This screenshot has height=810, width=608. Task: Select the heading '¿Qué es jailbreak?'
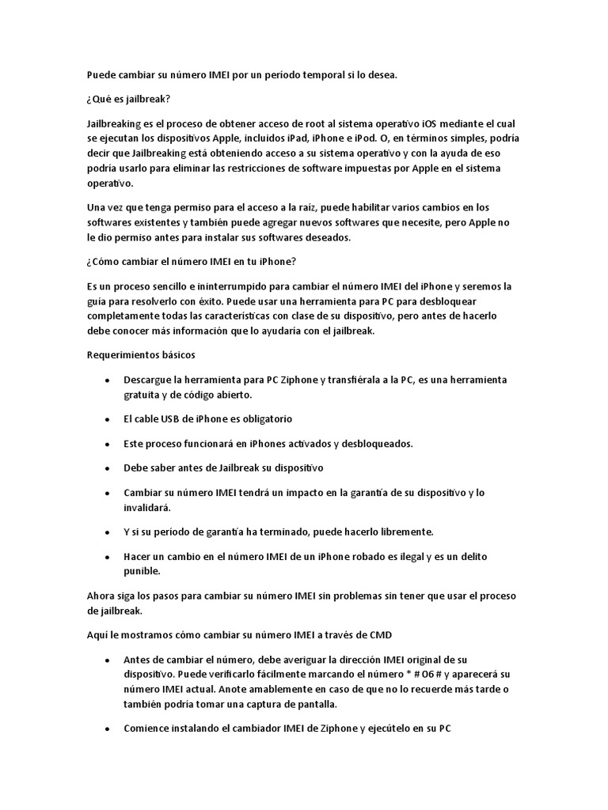[x=129, y=99]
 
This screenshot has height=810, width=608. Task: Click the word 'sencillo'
[x=168, y=286]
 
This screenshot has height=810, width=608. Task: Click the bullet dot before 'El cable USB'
[x=106, y=419]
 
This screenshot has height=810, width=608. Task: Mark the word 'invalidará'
[x=146, y=506]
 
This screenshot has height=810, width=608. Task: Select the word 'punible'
[x=142, y=570]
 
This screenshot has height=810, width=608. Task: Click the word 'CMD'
[x=381, y=634]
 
